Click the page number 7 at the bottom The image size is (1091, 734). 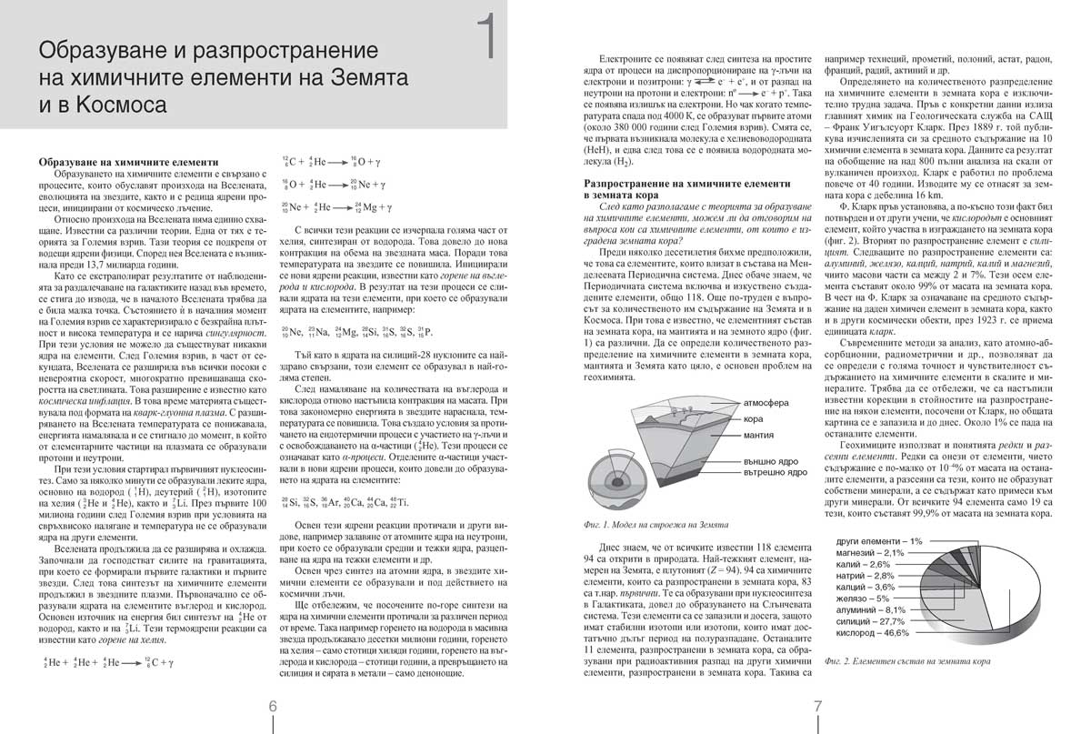817,706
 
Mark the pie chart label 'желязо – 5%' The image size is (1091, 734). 861,598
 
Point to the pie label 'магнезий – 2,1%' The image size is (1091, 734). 869,553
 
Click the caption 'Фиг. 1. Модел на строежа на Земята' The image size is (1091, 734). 652,524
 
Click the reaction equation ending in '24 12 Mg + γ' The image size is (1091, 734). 345,206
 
